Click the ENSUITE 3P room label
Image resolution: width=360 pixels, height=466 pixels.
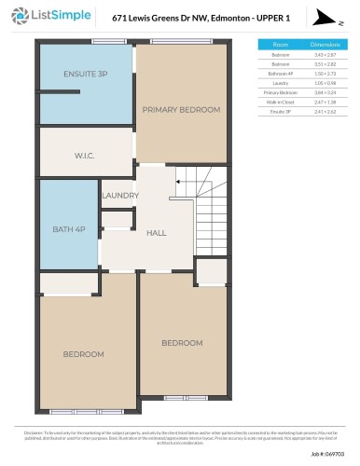(86, 74)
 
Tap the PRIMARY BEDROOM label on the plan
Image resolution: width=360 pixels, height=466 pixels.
(181, 109)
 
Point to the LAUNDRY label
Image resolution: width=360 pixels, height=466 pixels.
(119, 196)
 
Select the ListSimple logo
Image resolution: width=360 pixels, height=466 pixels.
(48, 17)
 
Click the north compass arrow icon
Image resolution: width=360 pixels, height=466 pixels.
(323, 18)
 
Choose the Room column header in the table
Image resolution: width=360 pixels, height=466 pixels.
(280, 45)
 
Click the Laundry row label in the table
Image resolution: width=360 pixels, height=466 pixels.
(280, 85)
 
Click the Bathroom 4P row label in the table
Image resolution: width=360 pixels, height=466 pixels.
(280, 75)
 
